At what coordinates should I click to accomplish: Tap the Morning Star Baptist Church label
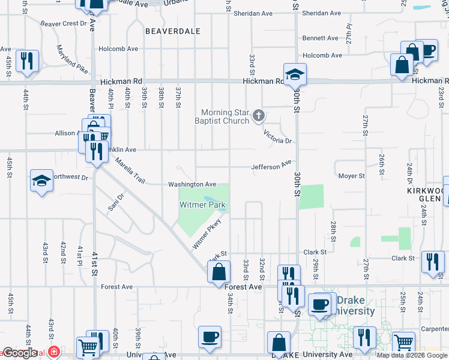pos(225,116)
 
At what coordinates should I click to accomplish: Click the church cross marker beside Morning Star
pos(259,115)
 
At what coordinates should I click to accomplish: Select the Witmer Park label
pos(203,205)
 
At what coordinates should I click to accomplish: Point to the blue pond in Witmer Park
pos(211,199)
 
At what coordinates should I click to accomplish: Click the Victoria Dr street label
pos(280,141)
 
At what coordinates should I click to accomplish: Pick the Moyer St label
pos(351,176)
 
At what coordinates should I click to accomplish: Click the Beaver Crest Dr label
pos(64,23)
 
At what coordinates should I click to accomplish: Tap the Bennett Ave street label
pos(322,38)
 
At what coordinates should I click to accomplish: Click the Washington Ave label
pos(191,184)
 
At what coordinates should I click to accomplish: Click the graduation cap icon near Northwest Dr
pos(41,181)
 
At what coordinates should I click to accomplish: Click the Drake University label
pos(355,305)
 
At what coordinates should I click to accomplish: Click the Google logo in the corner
pos(20,353)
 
